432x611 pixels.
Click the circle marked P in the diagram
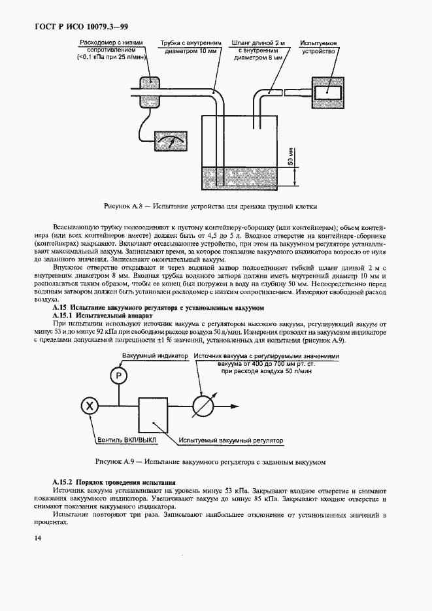pyautogui.click(x=118, y=376)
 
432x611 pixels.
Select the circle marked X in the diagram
pyautogui.click(x=90, y=406)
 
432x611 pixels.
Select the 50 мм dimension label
pyautogui.click(x=290, y=157)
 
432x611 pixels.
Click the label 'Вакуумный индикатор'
pyautogui.click(x=156, y=356)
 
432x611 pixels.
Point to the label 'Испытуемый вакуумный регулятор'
pyautogui.click(x=232, y=441)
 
